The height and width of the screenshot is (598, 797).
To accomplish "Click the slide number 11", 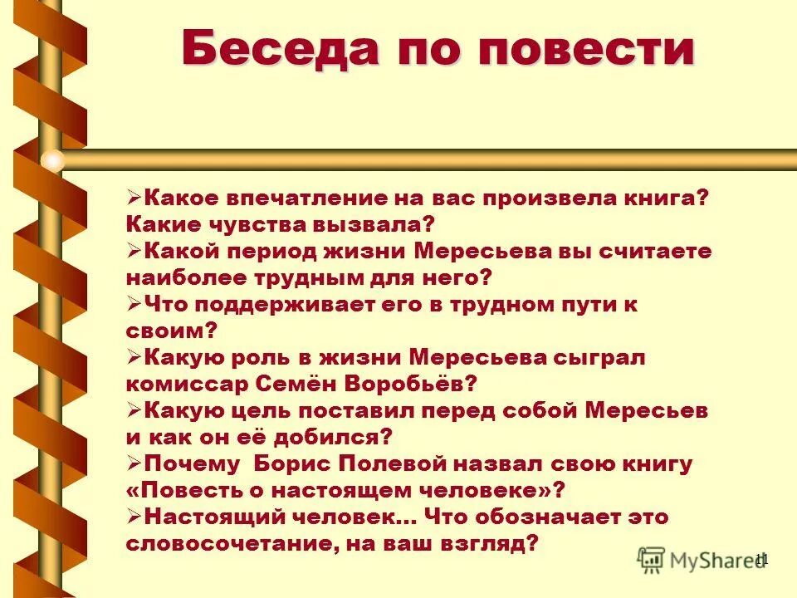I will [762, 560].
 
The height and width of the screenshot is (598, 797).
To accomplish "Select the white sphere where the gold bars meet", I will [52, 159].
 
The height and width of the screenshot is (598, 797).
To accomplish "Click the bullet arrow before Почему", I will [134, 463].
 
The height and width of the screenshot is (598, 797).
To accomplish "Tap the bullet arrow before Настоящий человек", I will [134, 516].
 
